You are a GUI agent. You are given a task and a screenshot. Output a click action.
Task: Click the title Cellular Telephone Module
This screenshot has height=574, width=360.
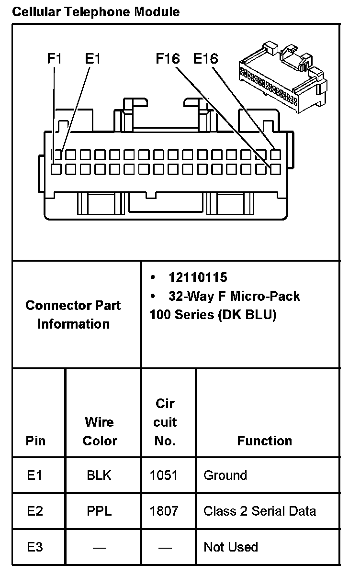point(96,11)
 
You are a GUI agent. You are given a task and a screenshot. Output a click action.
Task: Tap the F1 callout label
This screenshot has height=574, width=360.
point(55,59)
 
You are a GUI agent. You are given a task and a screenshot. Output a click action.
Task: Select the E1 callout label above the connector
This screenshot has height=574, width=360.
point(92,59)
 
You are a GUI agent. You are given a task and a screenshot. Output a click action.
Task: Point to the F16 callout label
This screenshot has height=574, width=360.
point(168,59)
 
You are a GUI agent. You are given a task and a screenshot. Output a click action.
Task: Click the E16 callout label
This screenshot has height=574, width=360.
point(205,59)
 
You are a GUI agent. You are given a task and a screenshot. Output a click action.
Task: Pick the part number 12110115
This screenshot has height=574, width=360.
point(198,277)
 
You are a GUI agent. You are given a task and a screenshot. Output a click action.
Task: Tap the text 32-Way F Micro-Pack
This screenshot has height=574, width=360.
point(234,296)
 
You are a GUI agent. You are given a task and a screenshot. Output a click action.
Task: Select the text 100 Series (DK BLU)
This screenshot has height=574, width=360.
point(213,315)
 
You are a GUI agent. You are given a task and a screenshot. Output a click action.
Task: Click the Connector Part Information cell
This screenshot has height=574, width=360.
point(73,314)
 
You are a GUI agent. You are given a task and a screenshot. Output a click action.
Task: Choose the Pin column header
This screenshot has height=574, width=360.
point(35,441)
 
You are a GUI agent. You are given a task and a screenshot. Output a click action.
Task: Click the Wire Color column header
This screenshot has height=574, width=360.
point(100,431)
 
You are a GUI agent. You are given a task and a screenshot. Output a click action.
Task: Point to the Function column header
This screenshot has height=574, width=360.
point(265,441)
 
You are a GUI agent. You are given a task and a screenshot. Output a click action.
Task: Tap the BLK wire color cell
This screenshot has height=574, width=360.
point(99,475)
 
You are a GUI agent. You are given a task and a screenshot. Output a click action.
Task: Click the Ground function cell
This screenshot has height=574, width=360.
point(225,475)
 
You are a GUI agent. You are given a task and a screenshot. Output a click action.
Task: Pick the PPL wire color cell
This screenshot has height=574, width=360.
point(99,511)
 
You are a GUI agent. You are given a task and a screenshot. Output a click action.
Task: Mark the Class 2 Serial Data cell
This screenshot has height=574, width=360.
point(259,511)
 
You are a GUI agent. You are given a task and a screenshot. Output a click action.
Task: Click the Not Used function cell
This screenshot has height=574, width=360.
point(230,547)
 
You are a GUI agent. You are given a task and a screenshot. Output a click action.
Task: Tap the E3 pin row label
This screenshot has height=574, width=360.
point(35,547)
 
